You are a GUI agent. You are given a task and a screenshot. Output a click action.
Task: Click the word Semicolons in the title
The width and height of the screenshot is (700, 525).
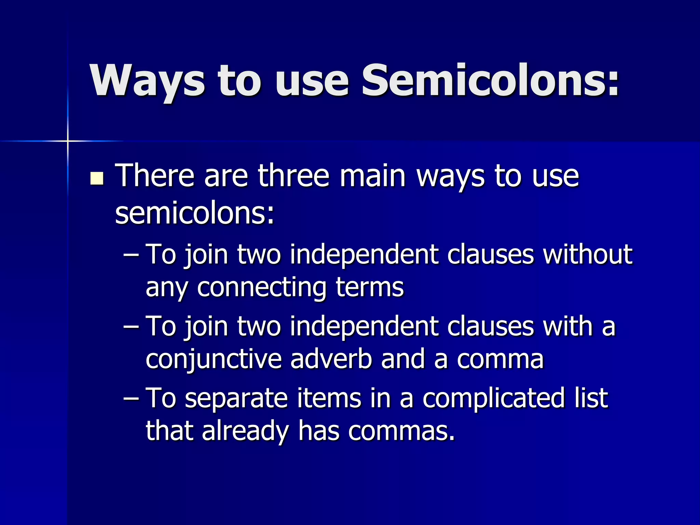pos(490,81)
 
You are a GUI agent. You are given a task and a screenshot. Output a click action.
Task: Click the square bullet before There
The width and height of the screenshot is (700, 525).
pos(97,178)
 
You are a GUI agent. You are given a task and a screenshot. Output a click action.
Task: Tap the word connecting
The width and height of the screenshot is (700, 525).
pos(261,287)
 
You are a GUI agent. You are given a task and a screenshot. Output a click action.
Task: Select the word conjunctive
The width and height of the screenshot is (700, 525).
pos(214,360)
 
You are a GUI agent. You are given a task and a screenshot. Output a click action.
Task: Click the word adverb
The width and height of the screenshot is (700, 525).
pos(331,359)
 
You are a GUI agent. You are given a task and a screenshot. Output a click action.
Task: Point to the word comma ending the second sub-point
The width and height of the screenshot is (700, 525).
pos(500,360)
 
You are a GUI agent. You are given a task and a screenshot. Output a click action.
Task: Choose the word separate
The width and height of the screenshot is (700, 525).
pos(236,398)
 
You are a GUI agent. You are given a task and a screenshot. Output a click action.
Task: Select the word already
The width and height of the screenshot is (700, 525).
pos(245,431)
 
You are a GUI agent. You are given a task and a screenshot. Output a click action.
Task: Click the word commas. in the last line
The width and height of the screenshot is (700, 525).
pos(402,431)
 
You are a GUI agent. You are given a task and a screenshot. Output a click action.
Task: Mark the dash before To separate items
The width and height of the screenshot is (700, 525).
pos(131,398)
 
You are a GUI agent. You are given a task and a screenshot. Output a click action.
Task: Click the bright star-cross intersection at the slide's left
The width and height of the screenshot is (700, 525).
pos(68,141)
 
